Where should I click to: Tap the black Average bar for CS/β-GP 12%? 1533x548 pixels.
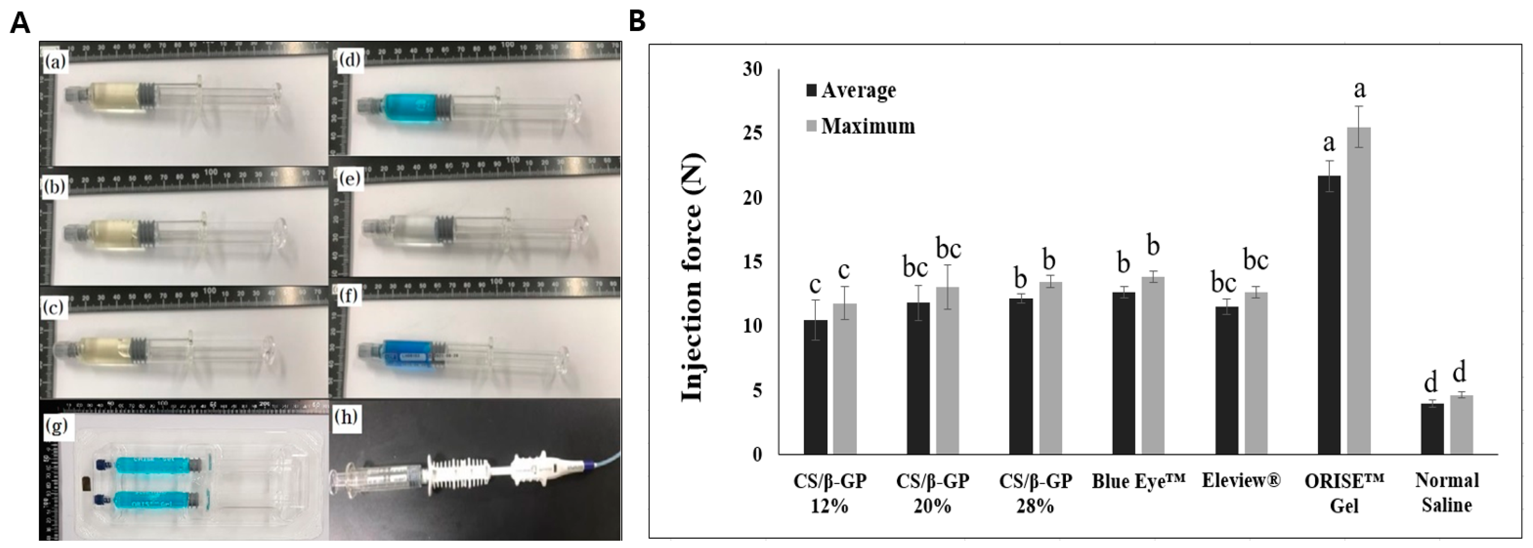click(x=815, y=387)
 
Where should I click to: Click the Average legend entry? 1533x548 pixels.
click(x=850, y=90)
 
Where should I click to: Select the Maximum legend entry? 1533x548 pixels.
click(x=860, y=126)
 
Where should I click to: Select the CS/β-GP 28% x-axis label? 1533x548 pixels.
click(x=1036, y=493)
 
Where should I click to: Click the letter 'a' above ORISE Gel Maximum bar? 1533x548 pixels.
click(x=1359, y=89)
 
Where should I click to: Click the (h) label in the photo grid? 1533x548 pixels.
click(x=347, y=417)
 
